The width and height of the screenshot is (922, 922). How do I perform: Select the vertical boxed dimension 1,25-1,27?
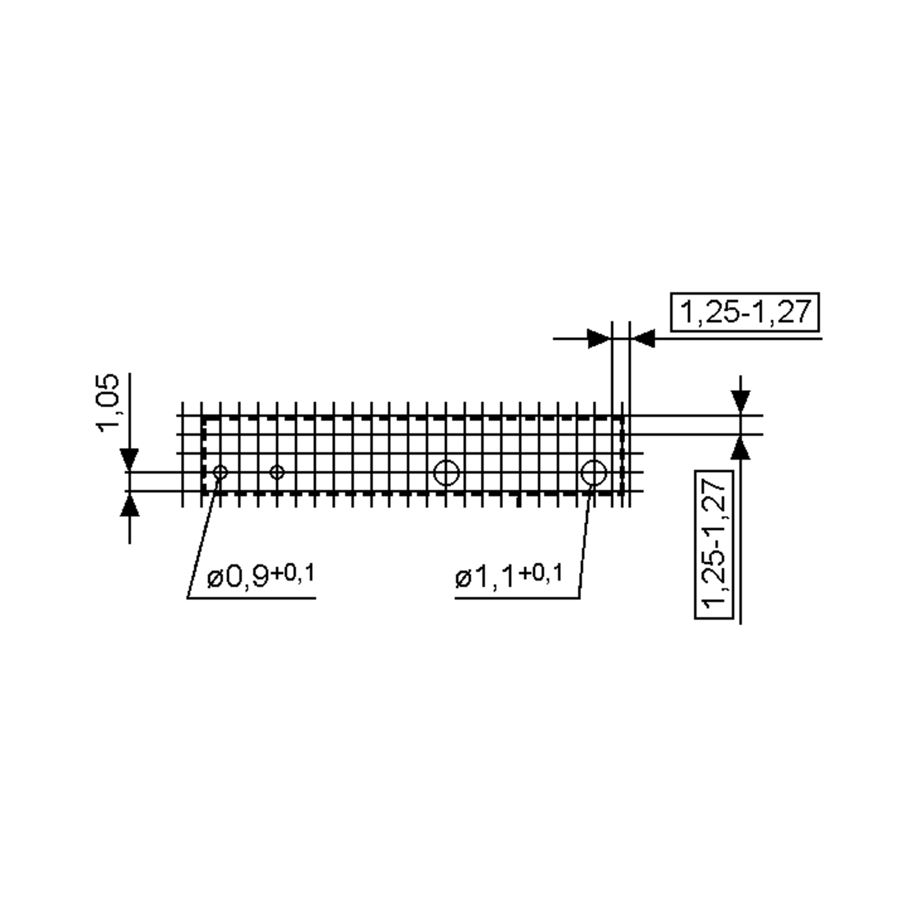(714, 544)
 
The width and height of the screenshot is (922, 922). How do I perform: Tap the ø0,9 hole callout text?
(238, 577)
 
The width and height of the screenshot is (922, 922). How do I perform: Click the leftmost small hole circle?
(220, 473)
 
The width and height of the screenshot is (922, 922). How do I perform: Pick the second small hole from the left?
(277, 473)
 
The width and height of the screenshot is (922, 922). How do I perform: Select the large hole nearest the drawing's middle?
(446, 473)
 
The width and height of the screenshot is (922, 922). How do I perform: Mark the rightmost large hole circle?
(594, 473)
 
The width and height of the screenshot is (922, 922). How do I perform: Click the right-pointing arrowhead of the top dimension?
(599, 339)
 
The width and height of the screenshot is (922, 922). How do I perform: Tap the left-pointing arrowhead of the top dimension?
(643, 339)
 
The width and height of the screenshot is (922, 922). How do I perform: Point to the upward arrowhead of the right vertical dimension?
(740, 449)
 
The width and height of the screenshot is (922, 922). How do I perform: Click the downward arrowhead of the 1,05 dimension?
(129, 459)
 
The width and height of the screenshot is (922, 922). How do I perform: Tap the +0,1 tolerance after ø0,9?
(292, 574)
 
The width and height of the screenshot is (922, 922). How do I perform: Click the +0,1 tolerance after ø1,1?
(540, 574)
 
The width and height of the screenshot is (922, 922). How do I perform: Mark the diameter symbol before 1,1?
(463, 579)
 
